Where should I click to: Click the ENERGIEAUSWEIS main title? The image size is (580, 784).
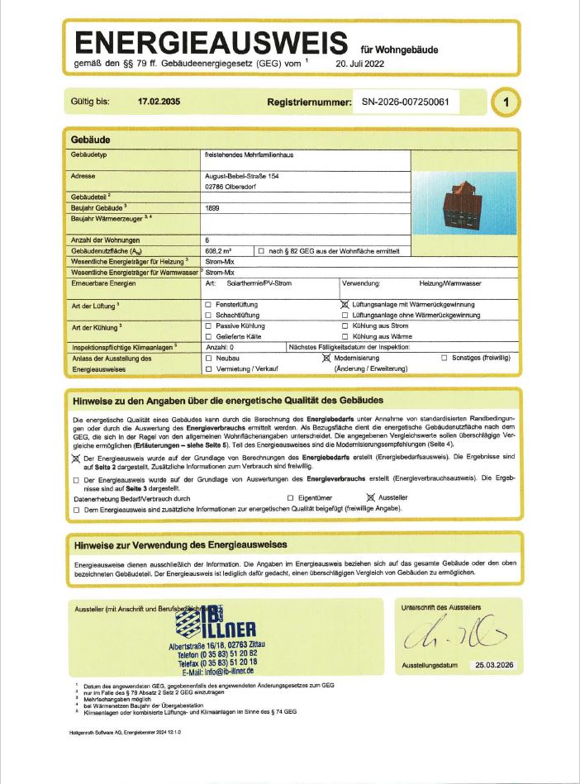211,42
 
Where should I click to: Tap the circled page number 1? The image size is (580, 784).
506,103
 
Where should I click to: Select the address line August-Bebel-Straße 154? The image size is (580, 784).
241,175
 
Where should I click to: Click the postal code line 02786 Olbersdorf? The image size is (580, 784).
235,187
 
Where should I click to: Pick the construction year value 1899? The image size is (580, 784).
212,210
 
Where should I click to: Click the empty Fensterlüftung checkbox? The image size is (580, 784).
208,304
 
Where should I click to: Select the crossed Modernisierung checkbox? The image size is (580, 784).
326,358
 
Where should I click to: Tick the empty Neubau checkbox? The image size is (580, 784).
208,358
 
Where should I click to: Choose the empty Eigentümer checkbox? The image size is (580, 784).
290,498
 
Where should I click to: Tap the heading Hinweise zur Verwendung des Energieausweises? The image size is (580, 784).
180,545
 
